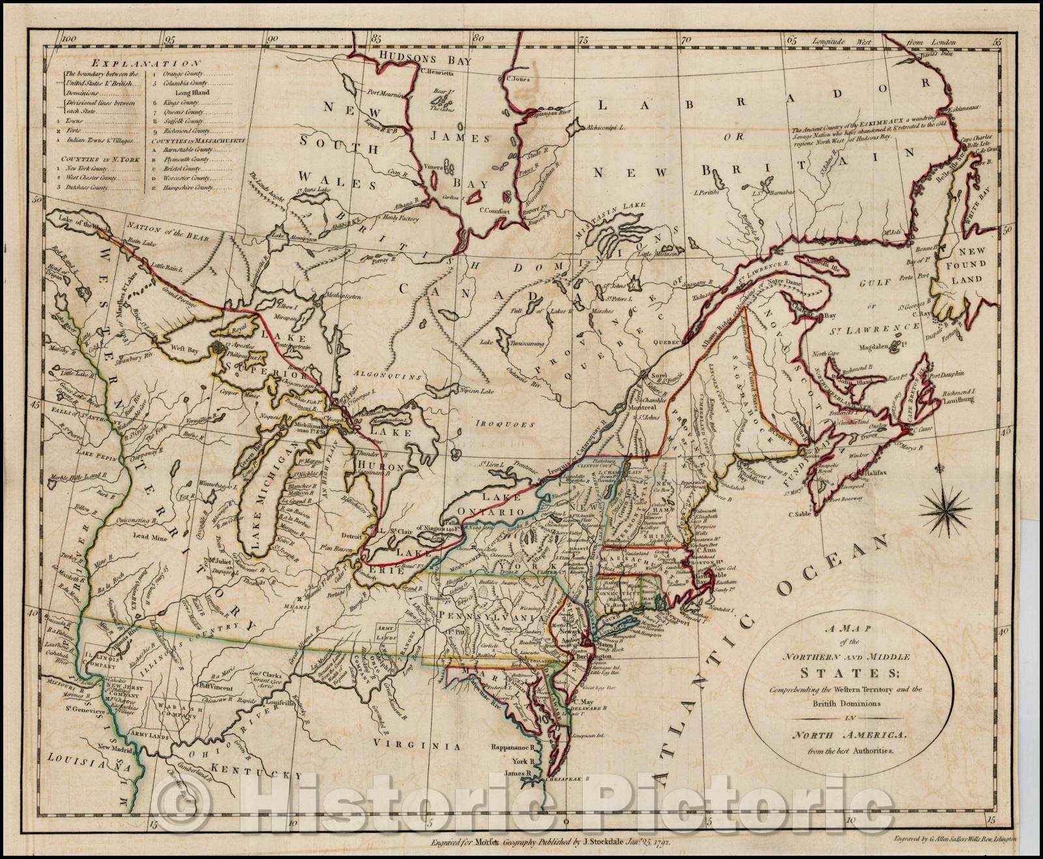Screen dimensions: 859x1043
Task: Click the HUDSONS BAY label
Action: pyautogui.click(x=417, y=57)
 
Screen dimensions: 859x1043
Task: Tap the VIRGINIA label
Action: pyautogui.click(x=414, y=745)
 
